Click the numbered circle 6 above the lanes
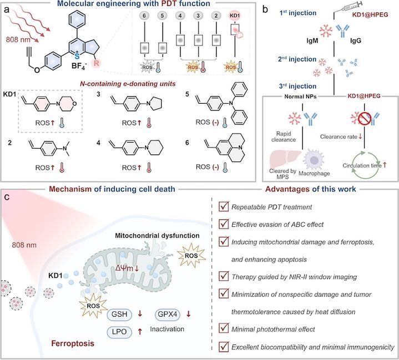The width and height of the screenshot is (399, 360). point(145,27)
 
